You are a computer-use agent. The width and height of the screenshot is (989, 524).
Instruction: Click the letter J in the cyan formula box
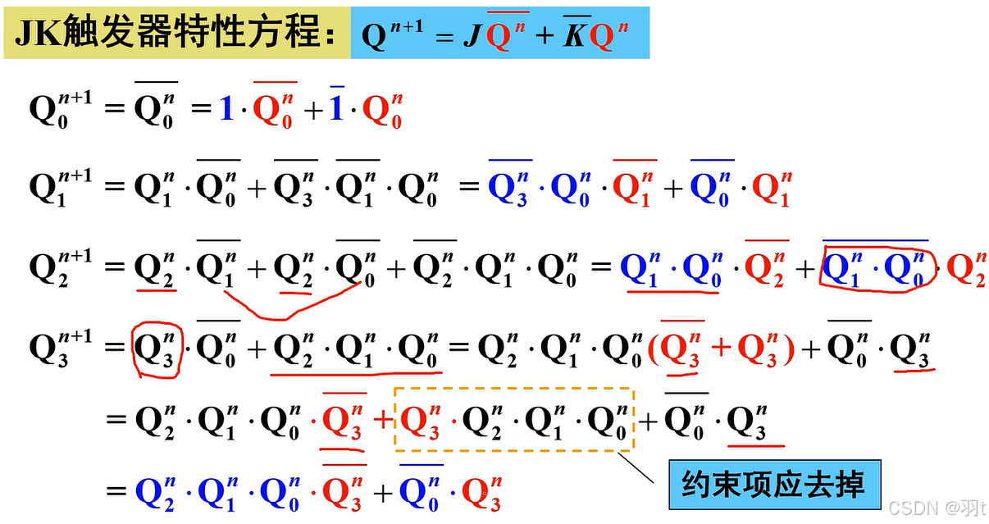[x=471, y=38]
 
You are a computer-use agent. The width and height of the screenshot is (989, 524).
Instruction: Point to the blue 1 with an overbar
[x=336, y=109]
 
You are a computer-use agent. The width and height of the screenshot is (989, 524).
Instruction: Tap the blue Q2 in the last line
[x=156, y=491]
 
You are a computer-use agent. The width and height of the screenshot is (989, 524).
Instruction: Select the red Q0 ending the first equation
[x=381, y=111]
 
